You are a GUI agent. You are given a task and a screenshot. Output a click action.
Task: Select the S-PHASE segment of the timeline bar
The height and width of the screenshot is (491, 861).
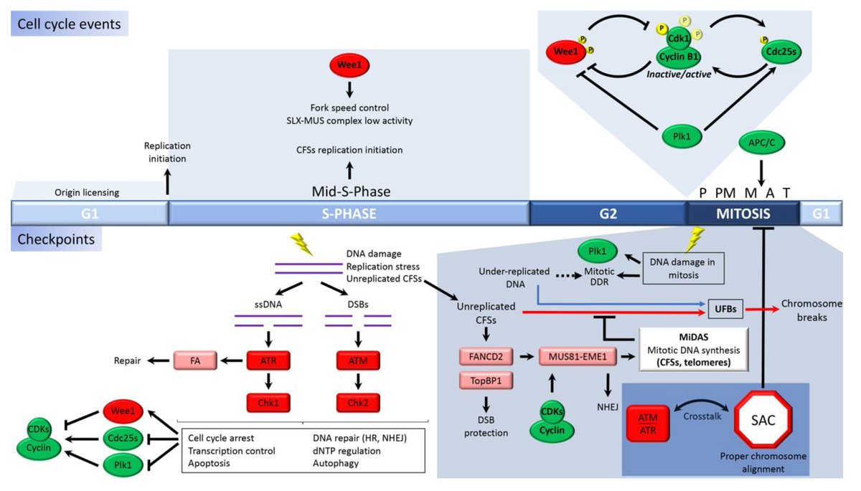(x=348, y=214)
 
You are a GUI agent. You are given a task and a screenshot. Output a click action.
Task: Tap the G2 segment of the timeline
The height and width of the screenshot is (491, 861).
(x=608, y=214)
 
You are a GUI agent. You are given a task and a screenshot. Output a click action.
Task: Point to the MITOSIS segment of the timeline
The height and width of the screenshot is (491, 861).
(x=742, y=214)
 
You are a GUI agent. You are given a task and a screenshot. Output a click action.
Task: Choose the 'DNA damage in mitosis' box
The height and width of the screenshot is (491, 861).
(x=684, y=270)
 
